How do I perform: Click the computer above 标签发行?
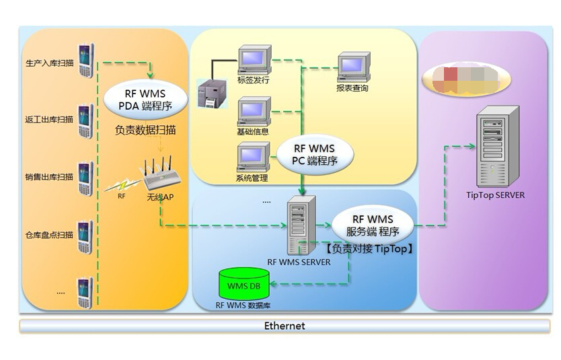(x=255, y=59)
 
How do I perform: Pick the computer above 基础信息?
(x=255, y=110)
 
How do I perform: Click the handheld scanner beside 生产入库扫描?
(x=85, y=61)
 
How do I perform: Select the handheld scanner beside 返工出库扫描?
(x=85, y=121)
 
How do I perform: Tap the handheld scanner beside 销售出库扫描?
(x=85, y=178)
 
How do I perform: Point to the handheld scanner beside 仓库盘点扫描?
(x=85, y=237)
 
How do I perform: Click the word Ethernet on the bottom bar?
(x=284, y=326)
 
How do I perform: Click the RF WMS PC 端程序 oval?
(x=313, y=155)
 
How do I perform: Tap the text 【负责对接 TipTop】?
(x=369, y=248)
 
